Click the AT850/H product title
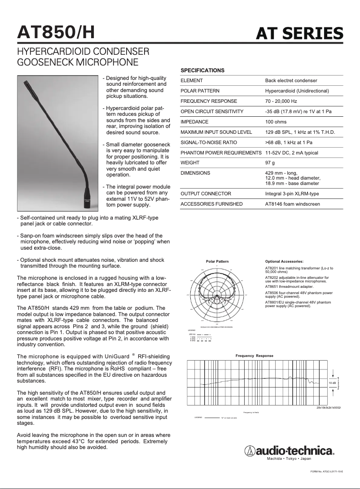click(56, 32)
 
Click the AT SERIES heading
click(299, 33)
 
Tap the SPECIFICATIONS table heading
click(202, 70)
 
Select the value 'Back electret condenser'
click(291, 80)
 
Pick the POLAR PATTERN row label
click(200, 91)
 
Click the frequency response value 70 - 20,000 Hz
click(281, 101)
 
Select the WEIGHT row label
click(190, 163)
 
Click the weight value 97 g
click(270, 163)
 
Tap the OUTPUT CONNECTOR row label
click(206, 194)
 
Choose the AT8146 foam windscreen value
click(293, 204)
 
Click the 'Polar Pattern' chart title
click(217, 261)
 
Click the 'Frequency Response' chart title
click(255, 356)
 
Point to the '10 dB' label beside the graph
click(332, 383)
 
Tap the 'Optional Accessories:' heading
click(284, 261)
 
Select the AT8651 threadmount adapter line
click(289, 286)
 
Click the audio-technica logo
click(289, 451)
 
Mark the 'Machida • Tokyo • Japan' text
click(289, 458)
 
